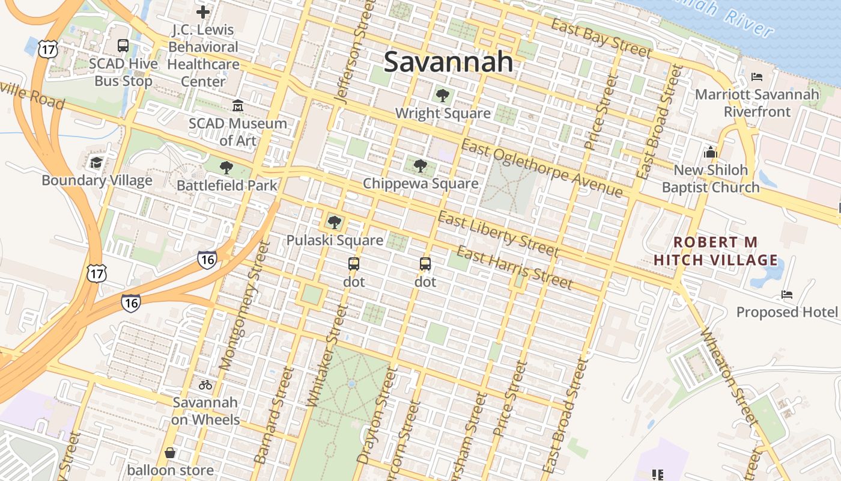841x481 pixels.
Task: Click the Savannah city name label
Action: (x=448, y=62)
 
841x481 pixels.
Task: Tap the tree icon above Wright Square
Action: (x=443, y=95)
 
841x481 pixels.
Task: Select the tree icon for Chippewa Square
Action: (x=421, y=165)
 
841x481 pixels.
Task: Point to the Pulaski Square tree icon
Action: (x=335, y=222)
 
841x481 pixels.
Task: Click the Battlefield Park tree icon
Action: (x=226, y=167)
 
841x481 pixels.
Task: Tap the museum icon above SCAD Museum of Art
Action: (x=238, y=106)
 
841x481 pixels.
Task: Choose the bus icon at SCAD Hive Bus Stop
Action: (x=123, y=46)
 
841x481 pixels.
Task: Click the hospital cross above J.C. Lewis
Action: (x=203, y=11)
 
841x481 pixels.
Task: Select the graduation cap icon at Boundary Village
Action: (x=96, y=162)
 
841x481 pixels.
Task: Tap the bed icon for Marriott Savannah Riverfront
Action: (x=757, y=77)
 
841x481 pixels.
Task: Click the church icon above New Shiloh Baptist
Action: (x=711, y=152)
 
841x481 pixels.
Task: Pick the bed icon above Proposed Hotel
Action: (x=787, y=295)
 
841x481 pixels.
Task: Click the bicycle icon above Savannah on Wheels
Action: (x=205, y=385)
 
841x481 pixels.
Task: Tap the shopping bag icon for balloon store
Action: (x=170, y=453)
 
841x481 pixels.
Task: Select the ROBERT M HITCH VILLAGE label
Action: (x=715, y=251)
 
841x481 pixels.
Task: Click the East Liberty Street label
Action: (x=498, y=233)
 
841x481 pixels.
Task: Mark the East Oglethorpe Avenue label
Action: (x=542, y=168)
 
